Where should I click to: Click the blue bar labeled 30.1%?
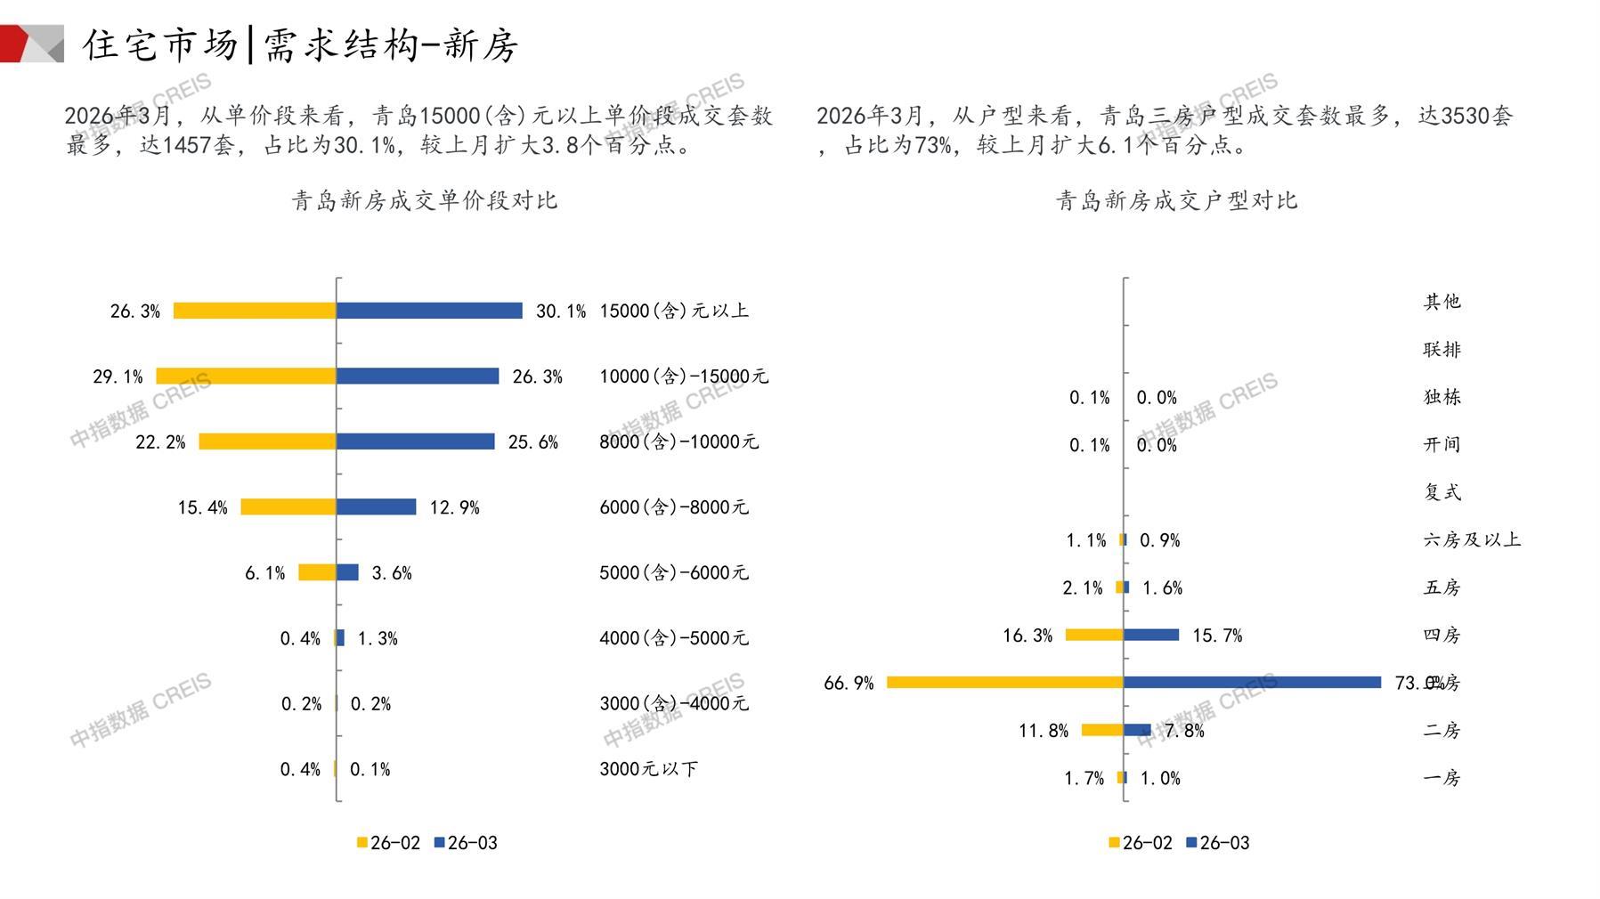(x=429, y=311)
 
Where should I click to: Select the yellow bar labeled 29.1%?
(x=246, y=377)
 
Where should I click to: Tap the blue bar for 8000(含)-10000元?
(x=415, y=441)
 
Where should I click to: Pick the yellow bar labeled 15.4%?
(x=288, y=507)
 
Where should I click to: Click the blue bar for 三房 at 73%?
(x=1252, y=683)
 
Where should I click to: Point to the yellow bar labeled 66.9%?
(x=1004, y=683)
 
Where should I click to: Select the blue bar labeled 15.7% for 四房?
(x=1151, y=636)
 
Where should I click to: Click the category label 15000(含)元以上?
(x=674, y=311)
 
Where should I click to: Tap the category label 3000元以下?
(x=648, y=769)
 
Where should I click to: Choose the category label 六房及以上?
(x=1472, y=540)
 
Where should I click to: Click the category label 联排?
(x=1442, y=350)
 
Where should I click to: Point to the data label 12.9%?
(x=454, y=508)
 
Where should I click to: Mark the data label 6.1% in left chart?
(x=264, y=573)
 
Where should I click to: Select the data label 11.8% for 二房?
(x=1044, y=731)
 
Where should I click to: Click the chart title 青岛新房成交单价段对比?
(x=424, y=201)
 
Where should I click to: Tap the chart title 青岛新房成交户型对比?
(x=1176, y=201)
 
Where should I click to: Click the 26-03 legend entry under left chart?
(x=466, y=843)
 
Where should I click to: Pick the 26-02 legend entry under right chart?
(x=1141, y=843)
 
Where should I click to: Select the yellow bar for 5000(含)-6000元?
(x=317, y=572)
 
